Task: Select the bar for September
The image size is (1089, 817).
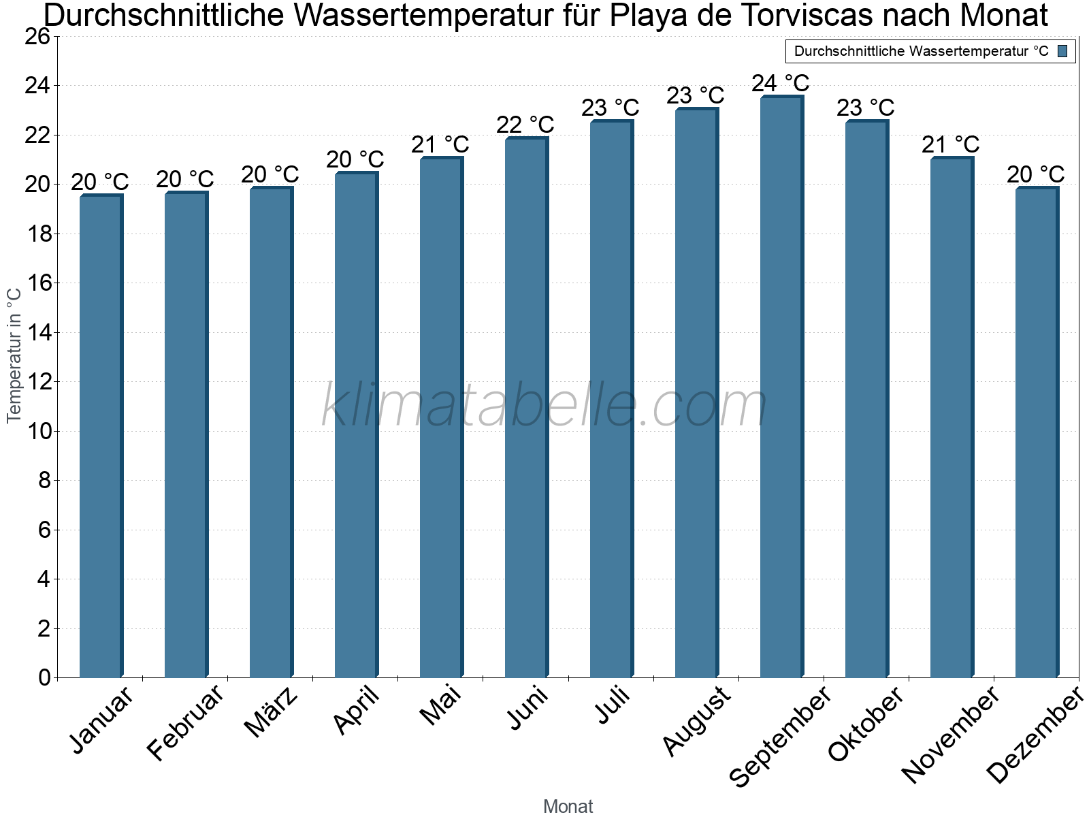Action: tap(781, 388)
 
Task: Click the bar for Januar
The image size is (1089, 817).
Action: tap(101, 436)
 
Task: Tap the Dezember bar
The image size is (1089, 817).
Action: tap(1037, 432)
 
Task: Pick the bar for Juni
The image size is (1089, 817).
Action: tap(526, 408)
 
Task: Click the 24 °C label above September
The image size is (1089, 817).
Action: tap(781, 84)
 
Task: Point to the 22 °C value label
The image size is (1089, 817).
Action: tap(525, 125)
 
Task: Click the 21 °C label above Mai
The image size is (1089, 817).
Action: tap(440, 145)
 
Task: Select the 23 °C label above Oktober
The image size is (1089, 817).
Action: tap(866, 108)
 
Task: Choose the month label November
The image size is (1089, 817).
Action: tap(950, 734)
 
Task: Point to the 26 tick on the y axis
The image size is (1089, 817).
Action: tap(37, 37)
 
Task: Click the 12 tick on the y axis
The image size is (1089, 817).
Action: tap(37, 382)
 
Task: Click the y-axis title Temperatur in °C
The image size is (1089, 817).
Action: tap(14, 355)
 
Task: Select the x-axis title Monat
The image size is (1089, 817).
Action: tap(568, 807)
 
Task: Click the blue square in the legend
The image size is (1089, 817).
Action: tap(1063, 51)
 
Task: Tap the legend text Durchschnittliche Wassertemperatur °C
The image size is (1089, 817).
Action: tap(922, 51)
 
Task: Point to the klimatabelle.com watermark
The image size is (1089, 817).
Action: tap(544, 406)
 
